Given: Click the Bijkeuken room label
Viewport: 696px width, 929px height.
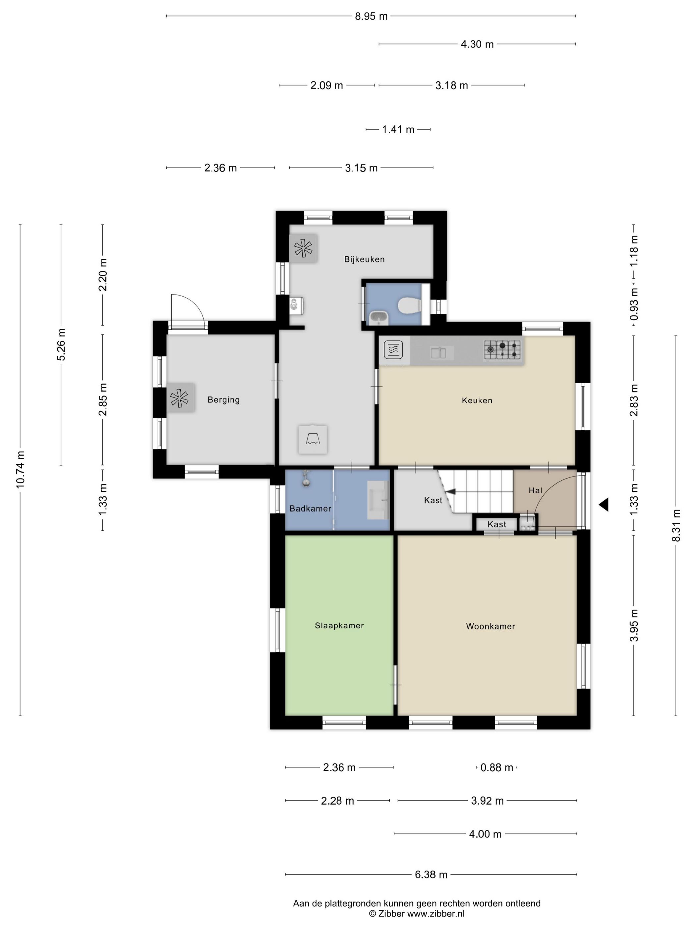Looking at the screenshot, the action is tap(364, 259).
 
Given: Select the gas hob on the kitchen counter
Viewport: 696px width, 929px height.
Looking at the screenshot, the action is tap(502, 349).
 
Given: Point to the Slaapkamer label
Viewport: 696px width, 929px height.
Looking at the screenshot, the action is tap(339, 626).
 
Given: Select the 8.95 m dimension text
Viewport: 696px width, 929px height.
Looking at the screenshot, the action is tap(371, 16).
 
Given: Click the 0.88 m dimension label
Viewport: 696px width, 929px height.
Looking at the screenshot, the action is tap(497, 768).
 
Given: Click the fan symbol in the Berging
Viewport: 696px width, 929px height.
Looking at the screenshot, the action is tap(180, 398).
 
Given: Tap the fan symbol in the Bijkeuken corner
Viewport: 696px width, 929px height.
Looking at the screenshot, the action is tap(303, 248).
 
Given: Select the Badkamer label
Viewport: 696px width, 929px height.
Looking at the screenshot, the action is tap(311, 509).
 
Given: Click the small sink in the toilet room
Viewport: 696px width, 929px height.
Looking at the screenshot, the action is tap(379, 318).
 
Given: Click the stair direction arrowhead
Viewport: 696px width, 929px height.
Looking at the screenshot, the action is tap(450, 491).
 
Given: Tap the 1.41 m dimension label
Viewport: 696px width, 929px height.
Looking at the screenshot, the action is tap(398, 130).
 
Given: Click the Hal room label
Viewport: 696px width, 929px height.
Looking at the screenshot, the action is tap(535, 490).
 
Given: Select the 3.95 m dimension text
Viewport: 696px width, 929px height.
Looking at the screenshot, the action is tap(634, 625).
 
